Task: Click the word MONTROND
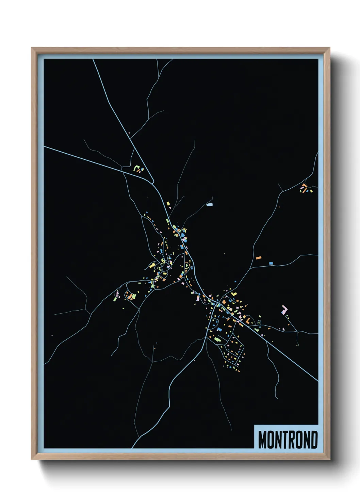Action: point(288,440)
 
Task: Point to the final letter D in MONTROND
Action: point(314,440)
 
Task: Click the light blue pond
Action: point(209,205)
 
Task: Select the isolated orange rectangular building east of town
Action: point(259,258)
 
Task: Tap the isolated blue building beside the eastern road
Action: point(271,263)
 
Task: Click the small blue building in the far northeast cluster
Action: point(307,191)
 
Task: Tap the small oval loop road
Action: point(259,322)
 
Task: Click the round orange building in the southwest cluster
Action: point(130,297)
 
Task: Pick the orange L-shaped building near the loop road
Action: point(248,320)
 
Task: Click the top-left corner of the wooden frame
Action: point(32,48)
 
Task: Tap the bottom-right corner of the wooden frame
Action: point(329,459)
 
